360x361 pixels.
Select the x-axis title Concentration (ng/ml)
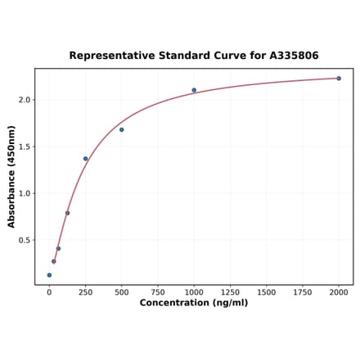tap(194, 303)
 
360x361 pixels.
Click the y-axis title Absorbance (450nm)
tap(11, 177)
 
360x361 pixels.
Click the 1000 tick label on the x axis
tap(194, 291)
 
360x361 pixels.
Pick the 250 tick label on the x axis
tap(85, 291)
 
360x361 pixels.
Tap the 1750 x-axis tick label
tap(303, 291)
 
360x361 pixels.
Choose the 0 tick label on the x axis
tap(49, 291)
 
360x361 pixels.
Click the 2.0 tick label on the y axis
tap(25, 100)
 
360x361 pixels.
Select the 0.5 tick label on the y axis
tap(25, 240)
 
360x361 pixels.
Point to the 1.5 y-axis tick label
tap(25, 147)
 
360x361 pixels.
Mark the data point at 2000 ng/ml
tap(339, 79)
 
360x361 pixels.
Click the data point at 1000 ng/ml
tap(194, 90)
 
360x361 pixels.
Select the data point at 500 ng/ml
tap(122, 129)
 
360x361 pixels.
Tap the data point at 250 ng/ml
tap(85, 159)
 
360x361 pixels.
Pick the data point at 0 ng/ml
tap(49, 275)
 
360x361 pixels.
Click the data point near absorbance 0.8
tap(67, 213)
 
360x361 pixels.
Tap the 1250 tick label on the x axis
tap(230, 291)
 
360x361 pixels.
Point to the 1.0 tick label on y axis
tap(25, 193)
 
